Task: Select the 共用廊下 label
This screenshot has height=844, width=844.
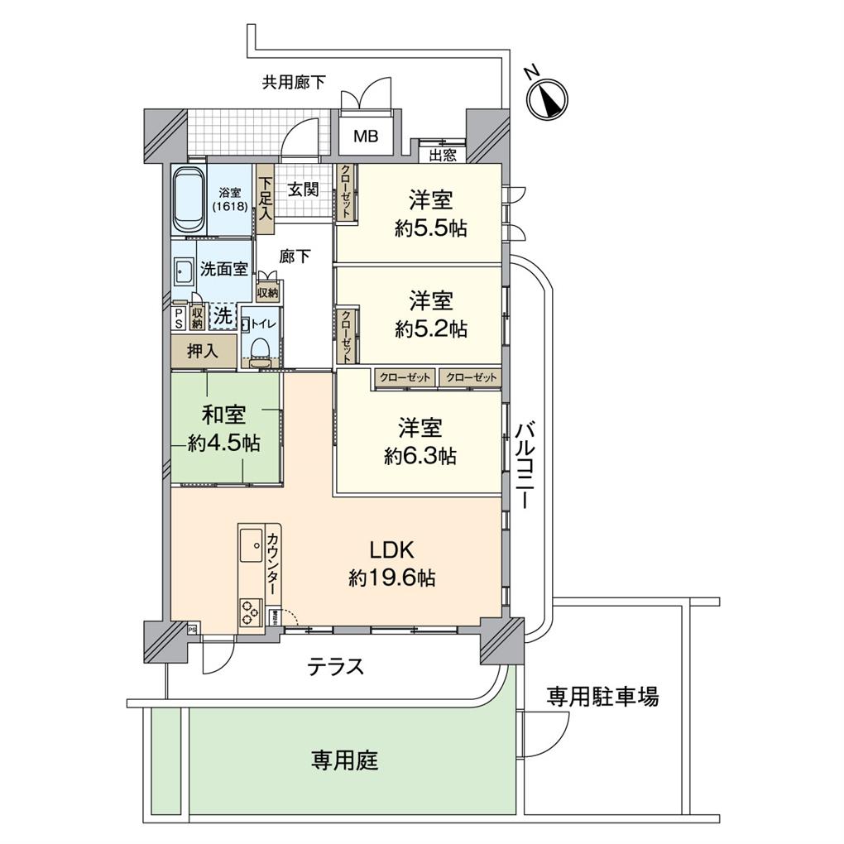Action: click(x=294, y=82)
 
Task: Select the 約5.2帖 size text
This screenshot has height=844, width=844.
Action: click(x=430, y=328)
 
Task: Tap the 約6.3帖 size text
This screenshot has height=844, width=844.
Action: click(x=420, y=455)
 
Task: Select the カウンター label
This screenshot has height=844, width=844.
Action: click(x=271, y=563)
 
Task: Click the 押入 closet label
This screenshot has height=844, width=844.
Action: click(x=202, y=351)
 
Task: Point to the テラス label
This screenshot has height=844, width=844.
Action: click(x=335, y=666)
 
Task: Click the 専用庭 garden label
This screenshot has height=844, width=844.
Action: click(x=344, y=760)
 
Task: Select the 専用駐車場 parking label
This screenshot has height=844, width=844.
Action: click(x=602, y=697)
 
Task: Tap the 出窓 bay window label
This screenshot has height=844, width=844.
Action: click(x=442, y=153)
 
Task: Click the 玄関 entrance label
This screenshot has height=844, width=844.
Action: click(x=303, y=189)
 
